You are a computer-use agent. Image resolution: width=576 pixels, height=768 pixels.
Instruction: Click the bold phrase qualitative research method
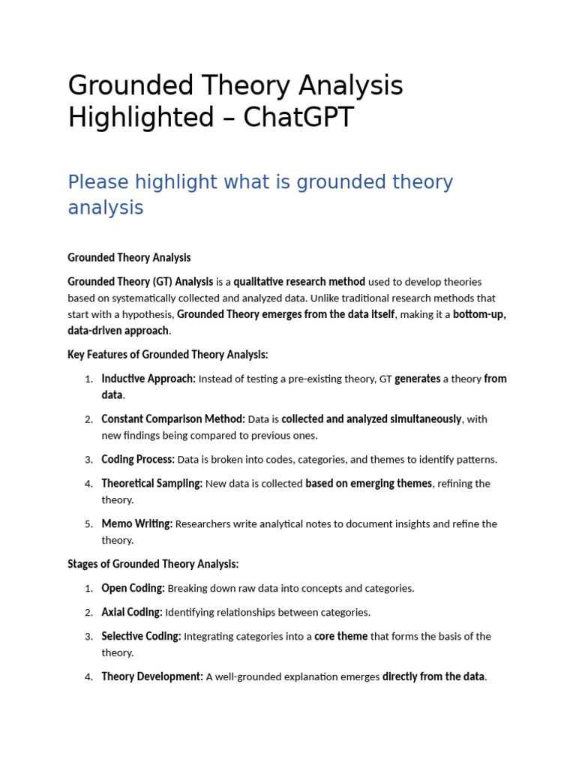pyautogui.click(x=299, y=282)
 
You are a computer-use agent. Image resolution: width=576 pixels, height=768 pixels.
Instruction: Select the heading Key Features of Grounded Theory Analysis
pyautogui.click(x=167, y=354)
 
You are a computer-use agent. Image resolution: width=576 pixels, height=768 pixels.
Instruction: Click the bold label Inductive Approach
pyautogui.click(x=148, y=379)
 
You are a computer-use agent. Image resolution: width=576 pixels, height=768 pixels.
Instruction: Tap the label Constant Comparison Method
pyautogui.click(x=173, y=419)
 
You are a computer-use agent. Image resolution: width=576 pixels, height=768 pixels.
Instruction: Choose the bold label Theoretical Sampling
pyautogui.click(x=151, y=484)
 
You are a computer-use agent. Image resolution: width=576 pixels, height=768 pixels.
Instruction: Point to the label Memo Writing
pyautogui.click(x=137, y=524)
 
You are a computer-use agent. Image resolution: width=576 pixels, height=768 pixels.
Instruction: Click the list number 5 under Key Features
pyautogui.click(x=88, y=524)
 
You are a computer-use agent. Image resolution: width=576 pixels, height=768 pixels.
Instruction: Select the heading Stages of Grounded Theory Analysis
pyautogui.click(x=153, y=564)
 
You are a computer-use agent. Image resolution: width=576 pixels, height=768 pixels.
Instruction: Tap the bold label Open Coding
pyautogui.click(x=133, y=589)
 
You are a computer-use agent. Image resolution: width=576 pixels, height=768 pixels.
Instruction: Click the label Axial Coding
pyautogui.click(x=132, y=613)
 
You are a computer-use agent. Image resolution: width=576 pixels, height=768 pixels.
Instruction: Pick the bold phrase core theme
pyautogui.click(x=340, y=637)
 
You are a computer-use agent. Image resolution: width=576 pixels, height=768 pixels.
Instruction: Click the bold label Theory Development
pyautogui.click(x=152, y=677)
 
